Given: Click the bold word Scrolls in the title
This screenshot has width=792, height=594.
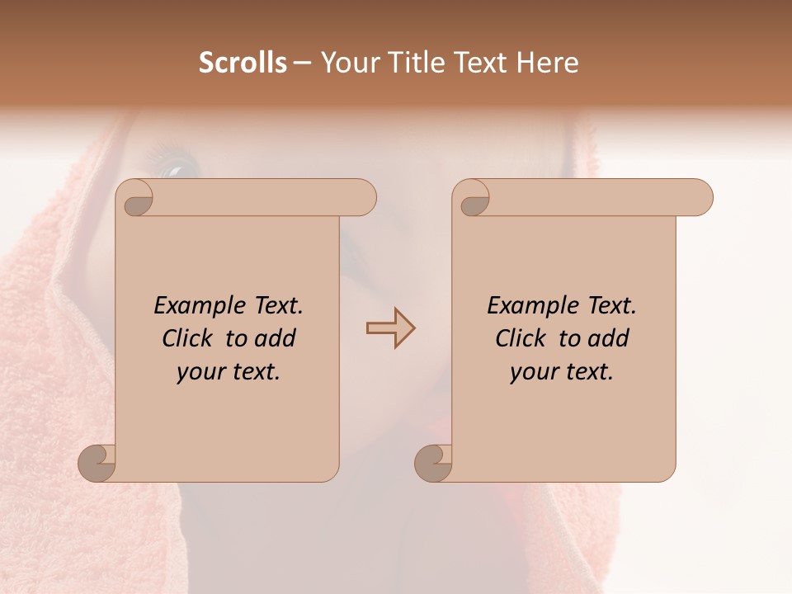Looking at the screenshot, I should point(243,63).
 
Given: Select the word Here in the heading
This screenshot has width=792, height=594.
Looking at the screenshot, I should point(548,63).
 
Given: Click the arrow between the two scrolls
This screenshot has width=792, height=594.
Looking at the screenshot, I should point(390,328).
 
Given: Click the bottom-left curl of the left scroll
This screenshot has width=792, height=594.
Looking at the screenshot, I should point(97,464).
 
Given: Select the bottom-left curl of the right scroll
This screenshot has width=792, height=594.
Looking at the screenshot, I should point(434,464).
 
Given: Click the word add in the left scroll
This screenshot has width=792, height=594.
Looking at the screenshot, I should point(276,338).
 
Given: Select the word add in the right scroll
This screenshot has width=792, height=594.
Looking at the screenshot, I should point(610,338).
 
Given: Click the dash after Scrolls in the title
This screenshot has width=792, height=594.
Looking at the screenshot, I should point(302,64).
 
